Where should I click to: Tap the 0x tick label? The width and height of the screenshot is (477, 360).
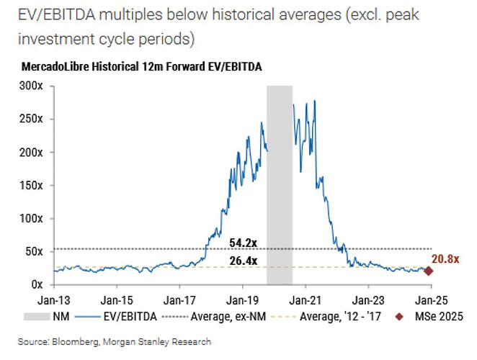(x=35, y=284)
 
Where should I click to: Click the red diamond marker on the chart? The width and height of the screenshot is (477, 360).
(x=429, y=271)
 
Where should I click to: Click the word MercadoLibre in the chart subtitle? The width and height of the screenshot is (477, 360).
(x=56, y=66)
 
